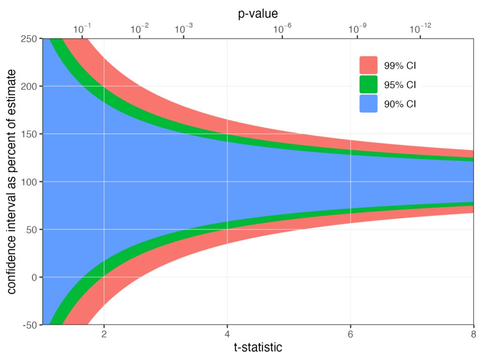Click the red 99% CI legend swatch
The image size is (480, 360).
pos(368,65)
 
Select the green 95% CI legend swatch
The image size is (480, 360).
pos(368,85)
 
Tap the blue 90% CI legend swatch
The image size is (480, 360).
pos(368,104)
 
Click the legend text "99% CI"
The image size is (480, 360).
pos(400,66)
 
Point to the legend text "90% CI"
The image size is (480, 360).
pos(400,105)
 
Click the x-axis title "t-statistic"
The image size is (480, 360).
pos(258,347)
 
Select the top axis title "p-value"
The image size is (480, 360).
pos(258,14)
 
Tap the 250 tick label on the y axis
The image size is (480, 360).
pos(30,39)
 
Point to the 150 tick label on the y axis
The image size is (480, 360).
pos(30,134)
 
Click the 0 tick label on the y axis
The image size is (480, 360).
pos(34,277)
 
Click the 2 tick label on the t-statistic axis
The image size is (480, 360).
pos(104,334)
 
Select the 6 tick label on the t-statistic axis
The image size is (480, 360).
pos(351,334)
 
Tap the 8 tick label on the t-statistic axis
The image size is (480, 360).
pos(473,334)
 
